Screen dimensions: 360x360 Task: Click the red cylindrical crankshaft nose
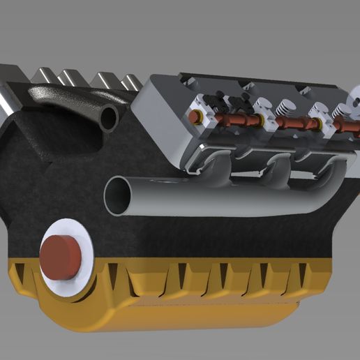[x=61, y=255]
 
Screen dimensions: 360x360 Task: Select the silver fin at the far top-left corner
[x=10, y=73]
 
